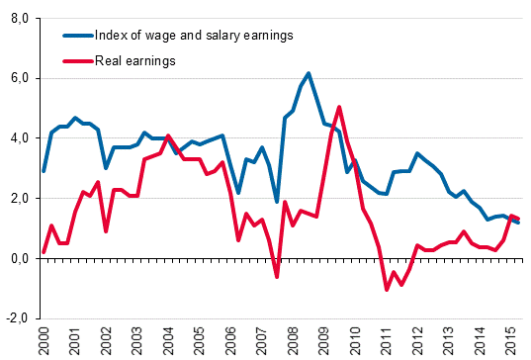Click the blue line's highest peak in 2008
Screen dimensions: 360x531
click(309, 73)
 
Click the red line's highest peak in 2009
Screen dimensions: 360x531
click(339, 107)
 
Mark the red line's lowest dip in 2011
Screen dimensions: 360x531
click(387, 290)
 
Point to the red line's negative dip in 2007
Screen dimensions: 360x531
click(277, 277)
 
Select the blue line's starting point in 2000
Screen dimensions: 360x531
click(44, 171)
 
